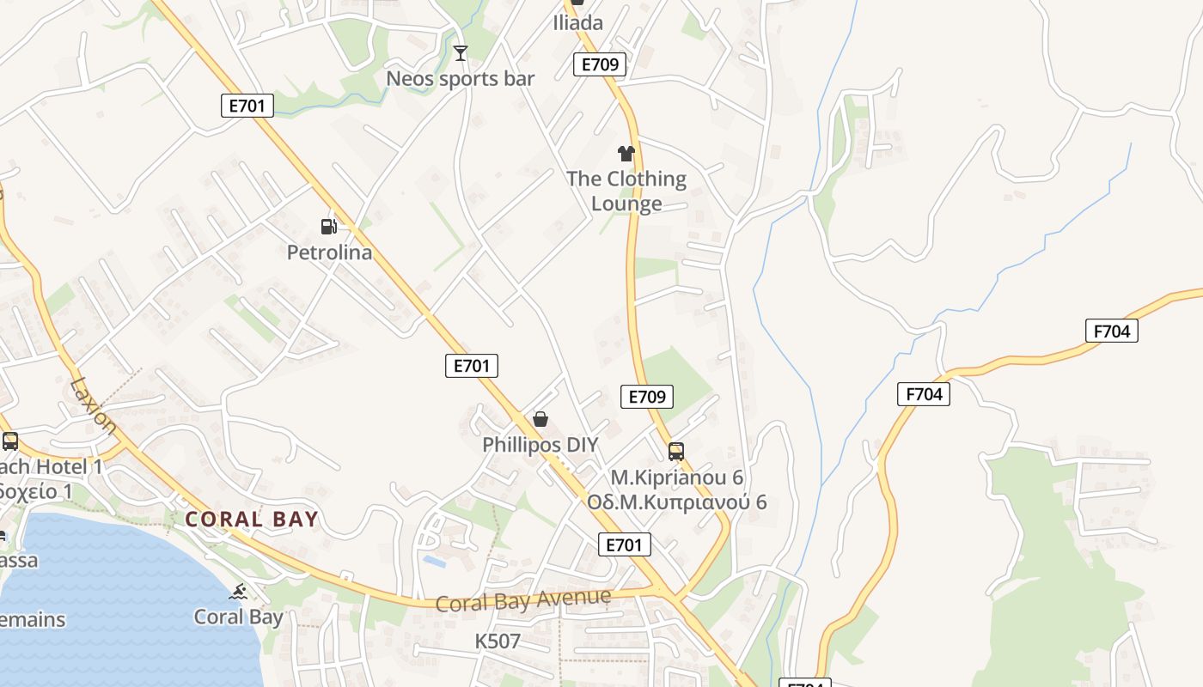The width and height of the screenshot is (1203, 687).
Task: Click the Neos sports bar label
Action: click(460, 79)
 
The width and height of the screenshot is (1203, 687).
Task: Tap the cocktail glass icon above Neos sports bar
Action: click(461, 53)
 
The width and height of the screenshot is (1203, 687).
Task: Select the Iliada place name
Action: click(577, 22)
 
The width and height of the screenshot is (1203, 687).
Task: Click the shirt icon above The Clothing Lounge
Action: click(626, 154)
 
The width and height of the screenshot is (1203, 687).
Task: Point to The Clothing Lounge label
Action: click(626, 191)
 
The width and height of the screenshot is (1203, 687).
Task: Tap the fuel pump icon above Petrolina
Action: click(328, 227)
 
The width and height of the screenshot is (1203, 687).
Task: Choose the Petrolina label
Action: click(329, 252)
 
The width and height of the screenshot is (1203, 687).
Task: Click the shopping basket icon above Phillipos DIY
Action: click(540, 419)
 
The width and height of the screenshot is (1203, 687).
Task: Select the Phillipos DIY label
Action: click(540, 445)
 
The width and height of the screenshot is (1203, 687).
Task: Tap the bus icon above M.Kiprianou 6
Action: click(676, 451)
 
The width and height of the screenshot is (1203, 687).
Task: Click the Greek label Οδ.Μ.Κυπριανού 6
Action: click(676, 502)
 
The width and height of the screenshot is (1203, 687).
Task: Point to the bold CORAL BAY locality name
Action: click(252, 519)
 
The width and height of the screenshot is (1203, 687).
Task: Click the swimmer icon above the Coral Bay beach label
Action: click(239, 592)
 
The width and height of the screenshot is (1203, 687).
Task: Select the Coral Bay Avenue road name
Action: click(523, 600)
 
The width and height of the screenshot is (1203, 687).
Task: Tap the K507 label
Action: click(498, 641)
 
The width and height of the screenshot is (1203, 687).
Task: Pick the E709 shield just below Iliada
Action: click(600, 64)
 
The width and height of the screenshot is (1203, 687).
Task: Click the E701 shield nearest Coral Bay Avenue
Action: click(624, 544)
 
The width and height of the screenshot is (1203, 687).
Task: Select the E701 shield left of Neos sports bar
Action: click(247, 106)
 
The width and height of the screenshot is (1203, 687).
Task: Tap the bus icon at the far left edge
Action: click(10, 441)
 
